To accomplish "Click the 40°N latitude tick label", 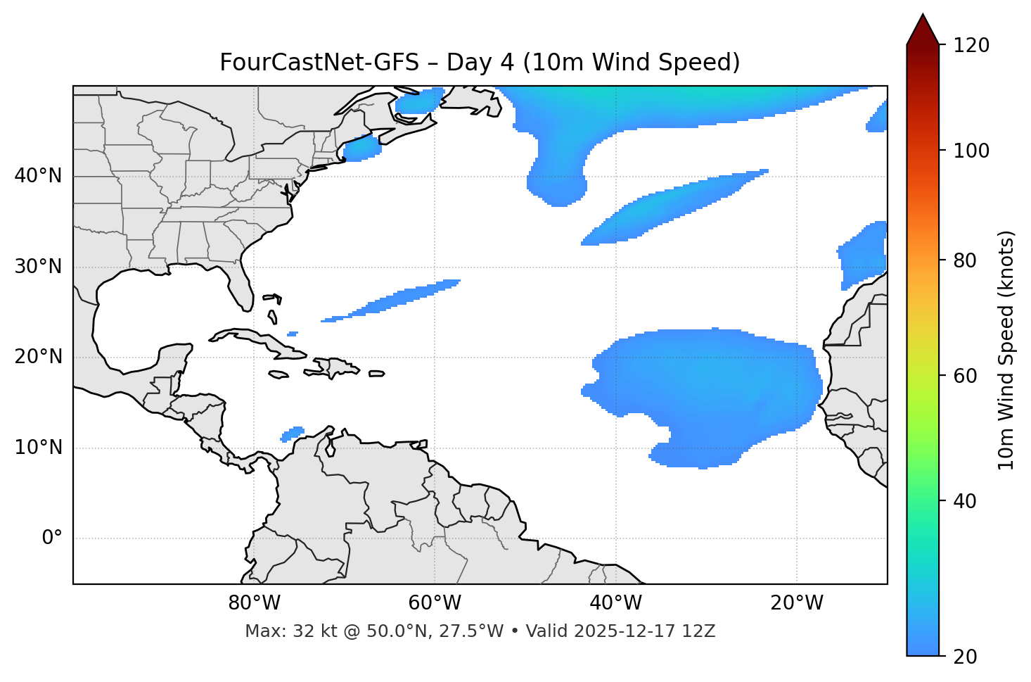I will [38, 176].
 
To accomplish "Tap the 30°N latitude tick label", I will [38, 267].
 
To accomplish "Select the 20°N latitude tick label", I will [38, 357].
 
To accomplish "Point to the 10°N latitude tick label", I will [38, 448].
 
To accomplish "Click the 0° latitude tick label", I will [52, 538].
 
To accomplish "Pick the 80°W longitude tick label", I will [254, 603].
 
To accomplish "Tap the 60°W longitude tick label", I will [435, 603].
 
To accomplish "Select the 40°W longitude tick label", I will [615, 603].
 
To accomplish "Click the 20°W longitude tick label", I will [796, 603].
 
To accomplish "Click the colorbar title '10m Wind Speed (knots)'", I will [1006, 350].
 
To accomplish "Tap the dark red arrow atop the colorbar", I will [923, 30].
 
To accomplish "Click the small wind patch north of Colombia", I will [293, 434].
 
